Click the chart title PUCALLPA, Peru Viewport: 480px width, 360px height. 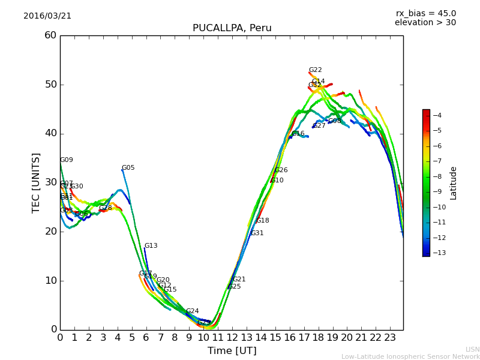pos(232,28)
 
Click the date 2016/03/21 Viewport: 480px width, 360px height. pos(47,16)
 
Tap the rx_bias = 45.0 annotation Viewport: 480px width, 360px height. pos(425,13)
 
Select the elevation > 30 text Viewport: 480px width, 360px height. pos(425,23)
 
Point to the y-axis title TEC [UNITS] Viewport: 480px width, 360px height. pos(36,182)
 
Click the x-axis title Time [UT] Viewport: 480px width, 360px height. pos(232,351)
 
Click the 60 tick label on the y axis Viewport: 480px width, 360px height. pos(50,35)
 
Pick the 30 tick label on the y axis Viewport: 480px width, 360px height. pos(50,182)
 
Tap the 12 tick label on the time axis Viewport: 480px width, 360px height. pos(232,337)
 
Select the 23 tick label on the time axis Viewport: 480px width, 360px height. pos(390,337)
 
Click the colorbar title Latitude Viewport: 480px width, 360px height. pos(454,183)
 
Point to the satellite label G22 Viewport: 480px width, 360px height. pos(315,70)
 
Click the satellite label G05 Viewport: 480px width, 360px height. pos(128,168)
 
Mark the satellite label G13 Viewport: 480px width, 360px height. pos(151,246)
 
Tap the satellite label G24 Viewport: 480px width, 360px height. pos(192,311)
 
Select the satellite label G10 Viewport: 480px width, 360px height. pos(277,181)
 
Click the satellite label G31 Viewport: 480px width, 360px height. pos(257,233)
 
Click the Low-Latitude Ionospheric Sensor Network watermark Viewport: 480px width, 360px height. pos(410,357)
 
